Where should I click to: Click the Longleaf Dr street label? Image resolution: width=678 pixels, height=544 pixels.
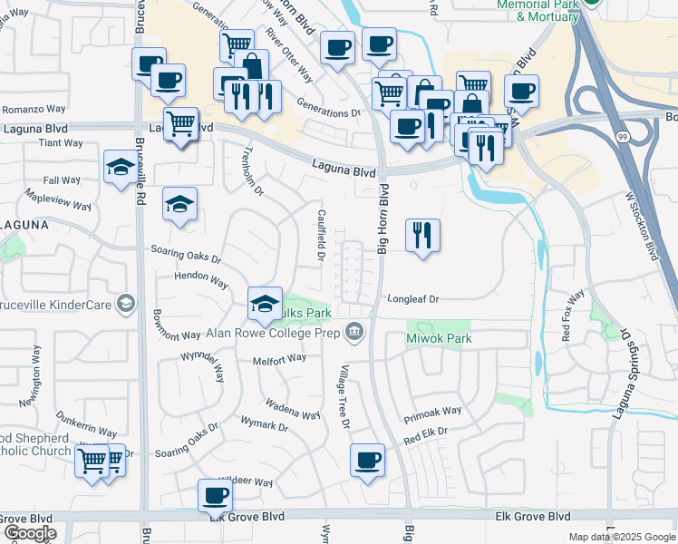point(413,298)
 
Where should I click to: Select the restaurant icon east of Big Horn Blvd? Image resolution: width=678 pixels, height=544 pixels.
point(421,236)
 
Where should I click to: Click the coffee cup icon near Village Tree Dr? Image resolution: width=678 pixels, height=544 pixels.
point(367,461)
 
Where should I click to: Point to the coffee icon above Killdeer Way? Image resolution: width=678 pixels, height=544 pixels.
point(216,495)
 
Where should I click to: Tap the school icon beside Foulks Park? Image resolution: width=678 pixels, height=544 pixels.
point(265,304)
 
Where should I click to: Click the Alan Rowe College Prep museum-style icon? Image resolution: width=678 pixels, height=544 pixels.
point(355,333)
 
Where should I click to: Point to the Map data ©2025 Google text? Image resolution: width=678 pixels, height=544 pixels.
point(621,537)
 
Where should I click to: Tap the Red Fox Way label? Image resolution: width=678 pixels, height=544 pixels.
point(573,315)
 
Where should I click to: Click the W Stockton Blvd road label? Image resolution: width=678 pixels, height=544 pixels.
point(641,225)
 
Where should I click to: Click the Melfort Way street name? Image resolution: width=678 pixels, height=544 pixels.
point(280,360)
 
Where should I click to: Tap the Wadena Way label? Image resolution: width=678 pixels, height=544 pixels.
point(292,409)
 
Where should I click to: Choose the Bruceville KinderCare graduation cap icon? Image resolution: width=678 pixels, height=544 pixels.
point(127,303)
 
